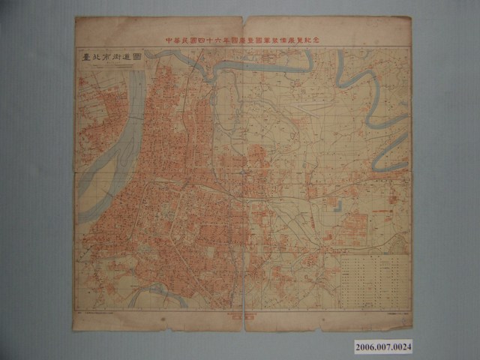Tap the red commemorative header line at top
pyautogui.click(x=244, y=38)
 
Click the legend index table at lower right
pyautogui.click(x=373, y=277)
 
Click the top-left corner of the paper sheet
pyautogui.click(x=76, y=18)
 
